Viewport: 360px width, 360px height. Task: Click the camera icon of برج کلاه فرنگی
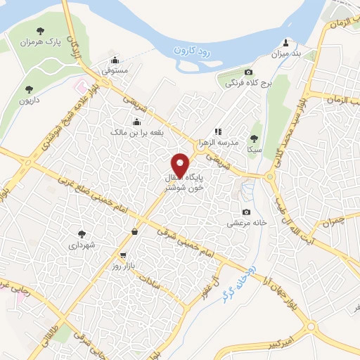[x=248, y=72]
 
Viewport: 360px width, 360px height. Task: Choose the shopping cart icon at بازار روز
[x=124, y=255]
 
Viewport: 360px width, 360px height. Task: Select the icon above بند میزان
[x=285, y=42]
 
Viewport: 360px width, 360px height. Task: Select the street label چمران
[x=328, y=223]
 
